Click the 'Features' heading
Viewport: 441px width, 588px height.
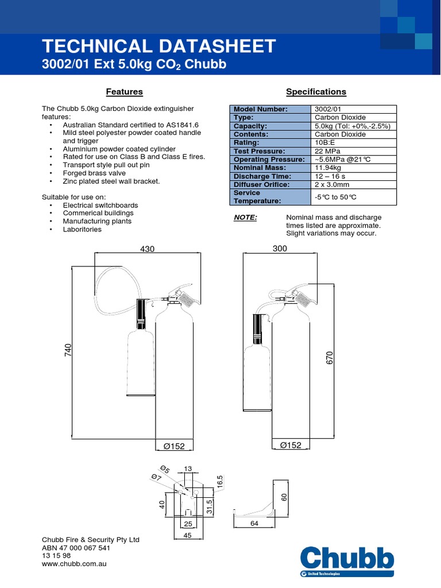point(125,92)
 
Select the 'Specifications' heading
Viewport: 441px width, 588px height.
point(316,92)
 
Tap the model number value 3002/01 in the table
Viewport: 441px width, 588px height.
point(328,109)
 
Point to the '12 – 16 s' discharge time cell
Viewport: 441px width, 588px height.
point(330,176)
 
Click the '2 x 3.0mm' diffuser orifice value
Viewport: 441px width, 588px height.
point(332,185)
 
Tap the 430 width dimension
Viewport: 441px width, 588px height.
point(148,249)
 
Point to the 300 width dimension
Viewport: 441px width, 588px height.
point(280,249)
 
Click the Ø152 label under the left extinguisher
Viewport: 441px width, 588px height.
point(175,446)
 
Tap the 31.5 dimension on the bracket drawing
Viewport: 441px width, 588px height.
point(210,506)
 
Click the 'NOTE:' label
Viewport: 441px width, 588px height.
point(245,218)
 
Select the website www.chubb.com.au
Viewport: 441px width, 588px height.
point(74,564)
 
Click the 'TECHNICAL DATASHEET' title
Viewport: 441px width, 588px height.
point(160,47)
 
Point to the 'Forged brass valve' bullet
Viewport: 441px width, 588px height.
point(94,173)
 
